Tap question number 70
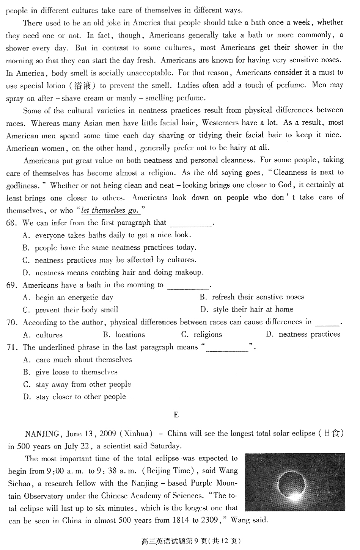(x=12, y=323)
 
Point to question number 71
(x=12, y=347)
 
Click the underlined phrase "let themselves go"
(x=110, y=210)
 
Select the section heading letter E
(x=176, y=415)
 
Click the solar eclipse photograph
(x=294, y=482)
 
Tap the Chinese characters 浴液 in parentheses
(x=83, y=86)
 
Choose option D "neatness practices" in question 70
(x=303, y=334)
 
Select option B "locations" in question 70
(x=124, y=335)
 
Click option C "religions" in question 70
(x=202, y=335)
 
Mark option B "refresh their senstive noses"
(x=252, y=297)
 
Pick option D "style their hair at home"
(x=247, y=309)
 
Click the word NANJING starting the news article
(x=42, y=434)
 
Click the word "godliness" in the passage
(x=22, y=186)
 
